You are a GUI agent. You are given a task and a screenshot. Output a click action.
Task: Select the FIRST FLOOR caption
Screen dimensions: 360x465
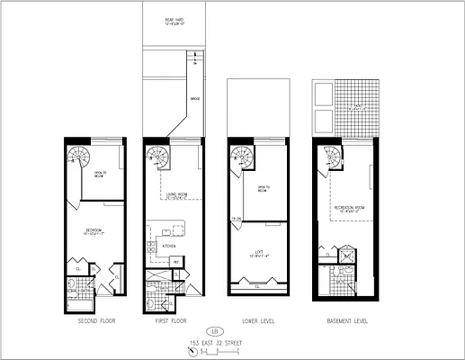(170, 320)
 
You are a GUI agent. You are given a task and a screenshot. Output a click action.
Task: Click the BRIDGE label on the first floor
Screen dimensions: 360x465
(194, 99)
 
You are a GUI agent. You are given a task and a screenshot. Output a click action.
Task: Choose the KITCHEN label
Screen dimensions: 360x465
(169, 245)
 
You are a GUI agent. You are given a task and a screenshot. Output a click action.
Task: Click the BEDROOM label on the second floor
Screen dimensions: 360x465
(91, 229)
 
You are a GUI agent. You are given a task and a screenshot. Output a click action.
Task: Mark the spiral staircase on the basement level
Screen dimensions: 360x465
(335, 156)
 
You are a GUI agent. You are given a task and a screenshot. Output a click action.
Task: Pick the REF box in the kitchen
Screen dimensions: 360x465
(177, 261)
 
